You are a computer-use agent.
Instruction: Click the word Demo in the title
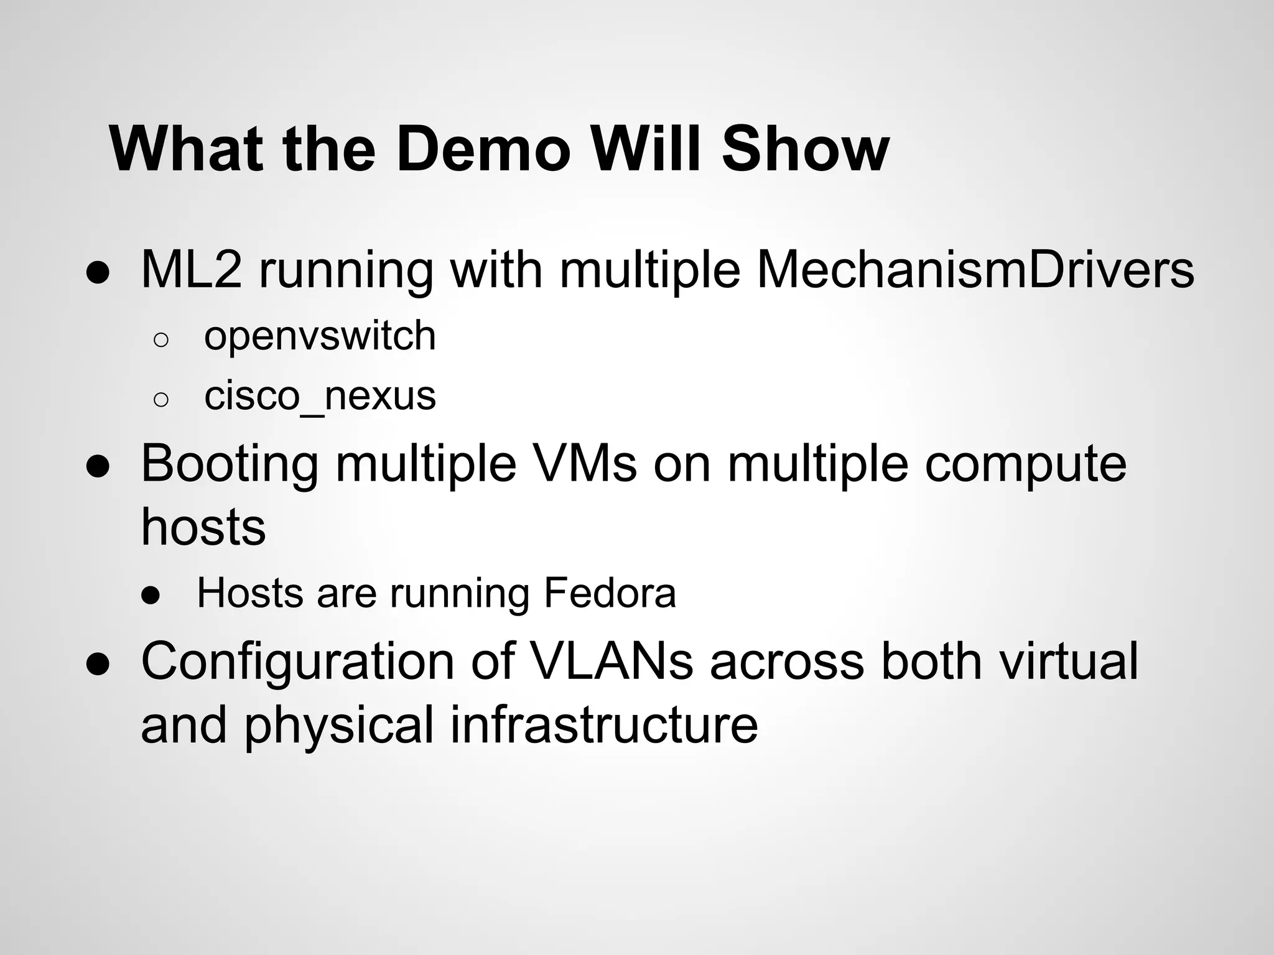483,149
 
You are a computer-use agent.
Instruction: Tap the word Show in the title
805,149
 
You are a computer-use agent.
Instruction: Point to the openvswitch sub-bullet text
320,336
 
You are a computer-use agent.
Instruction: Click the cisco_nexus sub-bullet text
320,396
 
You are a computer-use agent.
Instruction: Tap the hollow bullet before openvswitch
160,339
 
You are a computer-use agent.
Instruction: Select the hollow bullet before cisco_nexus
160,399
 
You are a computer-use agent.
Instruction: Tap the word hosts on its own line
203,527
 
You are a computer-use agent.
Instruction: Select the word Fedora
610,593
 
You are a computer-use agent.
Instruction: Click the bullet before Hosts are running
151,596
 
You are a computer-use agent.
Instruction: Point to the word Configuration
297,662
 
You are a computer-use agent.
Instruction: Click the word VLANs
612,662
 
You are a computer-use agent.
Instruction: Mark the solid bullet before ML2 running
98,274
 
